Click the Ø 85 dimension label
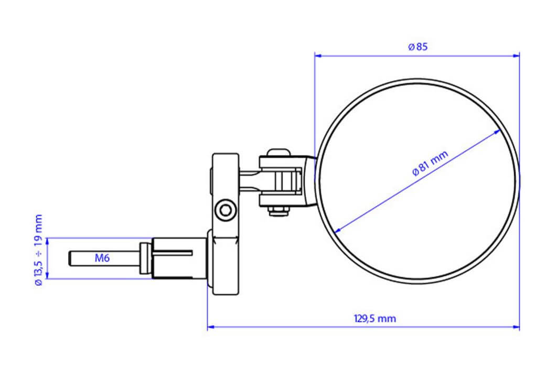click(418, 47)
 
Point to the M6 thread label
click(102, 258)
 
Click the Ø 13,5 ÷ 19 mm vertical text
click(38, 250)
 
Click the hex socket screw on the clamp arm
click(226, 211)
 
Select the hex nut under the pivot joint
click(278, 211)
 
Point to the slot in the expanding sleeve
click(173, 253)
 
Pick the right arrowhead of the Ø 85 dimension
click(516, 53)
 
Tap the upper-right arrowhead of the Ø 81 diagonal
click(498, 132)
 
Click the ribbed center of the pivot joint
click(285, 182)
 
